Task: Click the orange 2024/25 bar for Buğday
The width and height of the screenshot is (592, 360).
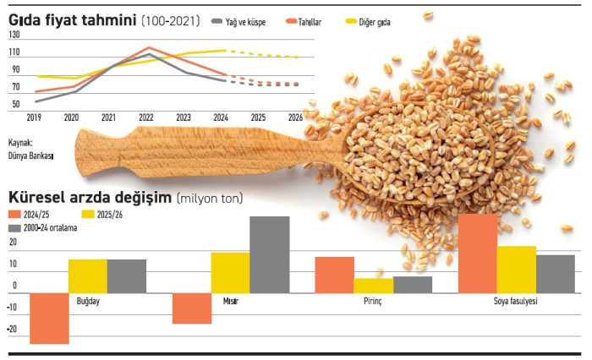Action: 49,318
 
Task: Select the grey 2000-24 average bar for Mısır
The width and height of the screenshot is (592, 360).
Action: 269,254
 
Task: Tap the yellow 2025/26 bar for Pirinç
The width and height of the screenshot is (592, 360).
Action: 373,286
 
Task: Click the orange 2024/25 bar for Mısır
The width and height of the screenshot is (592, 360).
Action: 192,308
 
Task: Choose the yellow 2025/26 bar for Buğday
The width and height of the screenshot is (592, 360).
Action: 88,275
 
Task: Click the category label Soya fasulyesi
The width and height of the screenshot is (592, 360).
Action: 516,302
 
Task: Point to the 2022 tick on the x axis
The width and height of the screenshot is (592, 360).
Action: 145,117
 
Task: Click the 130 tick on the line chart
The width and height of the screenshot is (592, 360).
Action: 14,35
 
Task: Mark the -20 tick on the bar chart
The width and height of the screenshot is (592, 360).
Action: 12,330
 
